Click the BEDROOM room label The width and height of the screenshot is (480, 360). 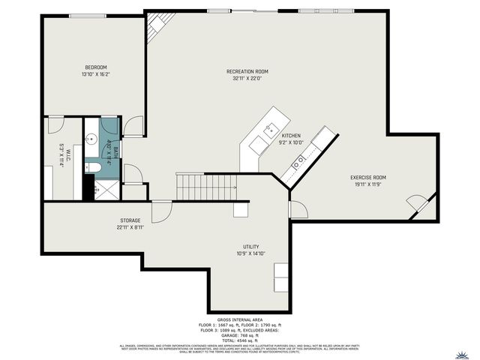[x=96, y=67]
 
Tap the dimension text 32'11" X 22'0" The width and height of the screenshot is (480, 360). [x=247, y=79]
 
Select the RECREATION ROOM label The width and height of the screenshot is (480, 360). [x=247, y=71]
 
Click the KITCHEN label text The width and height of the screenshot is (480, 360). [x=291, y=136]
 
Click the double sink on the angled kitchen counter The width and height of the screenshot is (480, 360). [x=301, y=160]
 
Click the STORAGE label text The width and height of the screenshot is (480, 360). [x=130, y=220]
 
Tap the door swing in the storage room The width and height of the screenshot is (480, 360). [x=160, y=212]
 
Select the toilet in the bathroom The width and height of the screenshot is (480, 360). [x=89, y=167]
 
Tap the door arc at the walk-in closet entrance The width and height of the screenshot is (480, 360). [x=56, y=124]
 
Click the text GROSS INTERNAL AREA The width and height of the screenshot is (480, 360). [x=238, y=319]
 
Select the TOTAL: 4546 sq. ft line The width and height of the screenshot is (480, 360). [x=238, y=340]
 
